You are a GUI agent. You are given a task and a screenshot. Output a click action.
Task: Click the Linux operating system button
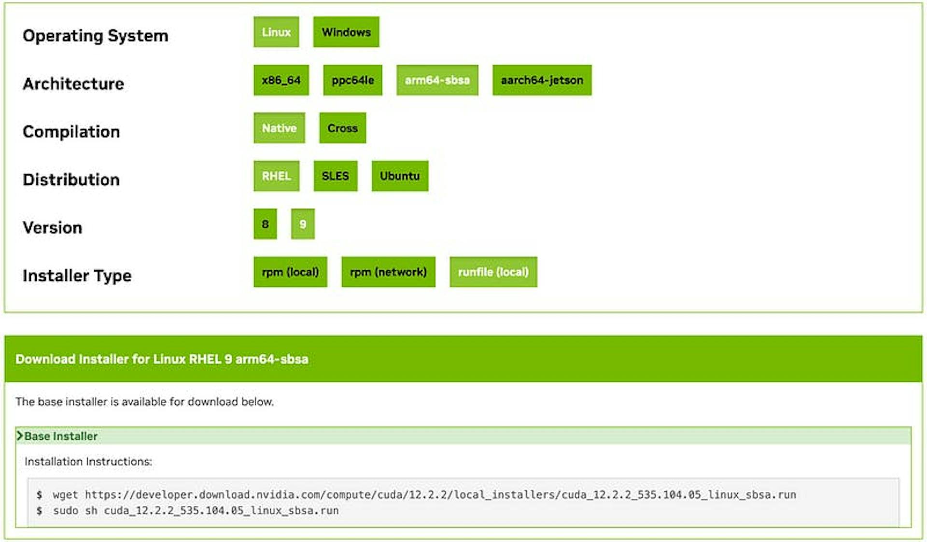[x=276, y=32]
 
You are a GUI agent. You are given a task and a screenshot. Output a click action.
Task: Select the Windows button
[x=346, y=32]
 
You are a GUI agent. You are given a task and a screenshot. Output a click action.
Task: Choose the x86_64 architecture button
[x=281, y=80]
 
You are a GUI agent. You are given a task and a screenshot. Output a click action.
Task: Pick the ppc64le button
[x=352, y=80]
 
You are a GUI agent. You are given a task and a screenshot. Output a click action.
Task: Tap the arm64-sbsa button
[x=437, y=80]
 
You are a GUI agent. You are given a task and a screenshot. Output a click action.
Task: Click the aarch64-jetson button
[x=542, y=80]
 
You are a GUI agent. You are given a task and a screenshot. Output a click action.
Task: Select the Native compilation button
[x=279, y=128]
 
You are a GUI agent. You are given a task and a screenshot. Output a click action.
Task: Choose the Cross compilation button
[x=342, y=128]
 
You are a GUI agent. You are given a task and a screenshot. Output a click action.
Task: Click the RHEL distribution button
[x=276, y=176]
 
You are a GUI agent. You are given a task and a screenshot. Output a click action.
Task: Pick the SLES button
[x=336, y=176]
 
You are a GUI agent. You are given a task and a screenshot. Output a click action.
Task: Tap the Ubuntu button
[x=400, y=176]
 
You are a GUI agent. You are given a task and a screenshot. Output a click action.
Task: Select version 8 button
[x=265, y=224]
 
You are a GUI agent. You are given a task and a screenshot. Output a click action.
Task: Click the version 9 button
[x=303, y=224]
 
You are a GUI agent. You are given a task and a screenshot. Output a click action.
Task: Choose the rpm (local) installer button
[x=290, y=272]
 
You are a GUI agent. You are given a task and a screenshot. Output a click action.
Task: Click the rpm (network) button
[x=388, y=272]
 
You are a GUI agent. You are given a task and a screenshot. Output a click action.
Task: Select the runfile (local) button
[x=493, y=272]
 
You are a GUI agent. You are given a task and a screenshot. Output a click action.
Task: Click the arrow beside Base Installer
[x=20, y=436]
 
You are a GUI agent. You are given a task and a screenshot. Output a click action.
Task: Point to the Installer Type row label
[x=77, y=276]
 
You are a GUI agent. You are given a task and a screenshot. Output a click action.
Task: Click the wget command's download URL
[x=440, y=495]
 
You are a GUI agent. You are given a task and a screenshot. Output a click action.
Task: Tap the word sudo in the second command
[x=66, y=511]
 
